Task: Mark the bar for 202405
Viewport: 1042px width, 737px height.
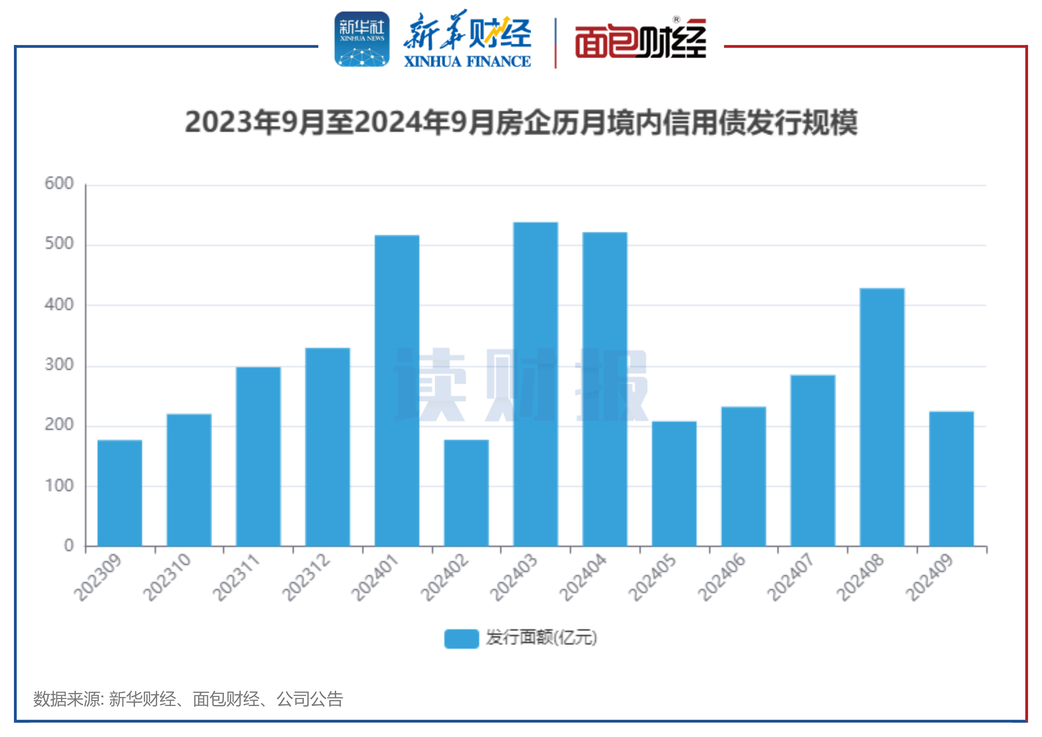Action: click(x=674, y=484)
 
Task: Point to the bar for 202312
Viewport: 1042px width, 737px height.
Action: click(x=327, y=447)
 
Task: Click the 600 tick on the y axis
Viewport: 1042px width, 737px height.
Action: click(x=59, y=184)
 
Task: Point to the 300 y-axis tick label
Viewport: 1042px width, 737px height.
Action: click(x=59, y=365)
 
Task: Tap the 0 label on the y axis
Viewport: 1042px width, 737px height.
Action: click(x=69, y=545)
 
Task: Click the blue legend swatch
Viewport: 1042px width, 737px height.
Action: click(x=461, y=638)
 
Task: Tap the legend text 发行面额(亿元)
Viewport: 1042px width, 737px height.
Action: click(x=541, y=638)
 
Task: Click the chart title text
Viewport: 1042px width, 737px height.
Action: click(x=521, y=123)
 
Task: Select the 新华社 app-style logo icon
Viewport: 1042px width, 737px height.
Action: click(x=362, y=39)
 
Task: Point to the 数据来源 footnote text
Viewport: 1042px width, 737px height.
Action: click(x=188, y=699)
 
